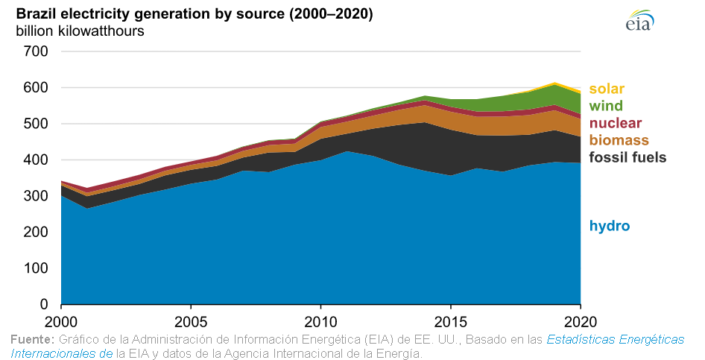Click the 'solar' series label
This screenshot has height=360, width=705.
607,89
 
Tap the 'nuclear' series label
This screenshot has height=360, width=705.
615,124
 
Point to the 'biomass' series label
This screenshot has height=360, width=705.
618,140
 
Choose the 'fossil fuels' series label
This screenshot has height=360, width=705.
627,157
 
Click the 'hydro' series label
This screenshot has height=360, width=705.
610,226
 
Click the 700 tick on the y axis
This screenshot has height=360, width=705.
37,51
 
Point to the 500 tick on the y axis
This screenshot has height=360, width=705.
37,124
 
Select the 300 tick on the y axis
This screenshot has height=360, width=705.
37,196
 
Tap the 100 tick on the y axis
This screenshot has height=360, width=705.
37,268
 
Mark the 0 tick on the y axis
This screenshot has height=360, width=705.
44,305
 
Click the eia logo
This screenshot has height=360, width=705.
639,21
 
